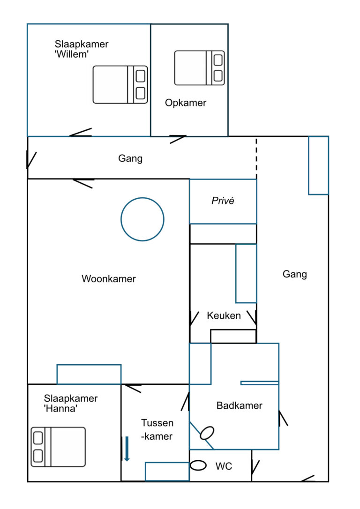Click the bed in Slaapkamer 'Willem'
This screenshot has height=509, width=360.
click(120, 84)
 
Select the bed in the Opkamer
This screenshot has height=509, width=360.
click(199, 68)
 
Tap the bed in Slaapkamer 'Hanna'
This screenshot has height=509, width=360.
click(58, 447)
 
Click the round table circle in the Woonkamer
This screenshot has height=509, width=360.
click(142, 219)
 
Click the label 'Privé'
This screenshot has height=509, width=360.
click(223, 201)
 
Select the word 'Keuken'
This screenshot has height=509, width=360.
click(224, 315)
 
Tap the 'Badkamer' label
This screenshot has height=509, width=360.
click(239, 405)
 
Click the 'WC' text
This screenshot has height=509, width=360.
click(224, 466)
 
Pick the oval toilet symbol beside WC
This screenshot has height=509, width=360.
click(199, 465)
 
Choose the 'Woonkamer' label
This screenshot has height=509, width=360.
click(109, 279)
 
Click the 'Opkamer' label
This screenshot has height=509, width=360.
click(186, 103)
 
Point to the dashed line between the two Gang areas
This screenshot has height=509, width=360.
click(256, 156)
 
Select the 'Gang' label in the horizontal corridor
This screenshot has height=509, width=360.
click(130, 158)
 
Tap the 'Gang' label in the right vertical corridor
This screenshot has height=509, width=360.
click(295, 274)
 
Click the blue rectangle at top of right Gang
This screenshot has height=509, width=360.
click(318, 165)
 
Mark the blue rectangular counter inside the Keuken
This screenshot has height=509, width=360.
click(246, 273)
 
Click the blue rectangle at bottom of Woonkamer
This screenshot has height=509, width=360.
click(89, 374)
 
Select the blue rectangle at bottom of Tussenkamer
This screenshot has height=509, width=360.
click(167, 472)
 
